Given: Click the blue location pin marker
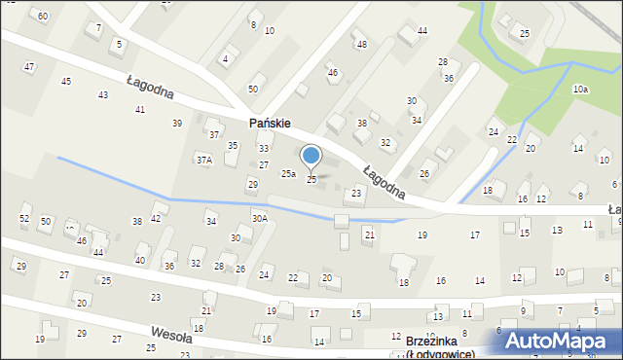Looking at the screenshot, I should point(311,157).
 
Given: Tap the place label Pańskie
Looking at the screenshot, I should point(271,124).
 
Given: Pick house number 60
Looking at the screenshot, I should point(42,17).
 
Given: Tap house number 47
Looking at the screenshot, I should point(29,67).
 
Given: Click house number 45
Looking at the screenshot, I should point(66,81).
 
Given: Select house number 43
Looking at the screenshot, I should point(103,94).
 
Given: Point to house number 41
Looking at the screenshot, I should point(140,109).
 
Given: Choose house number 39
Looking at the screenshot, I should point(177,123).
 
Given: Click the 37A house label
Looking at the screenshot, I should point(203,159).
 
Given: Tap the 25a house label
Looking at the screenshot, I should point(288,174).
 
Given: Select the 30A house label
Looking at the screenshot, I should point(259,218).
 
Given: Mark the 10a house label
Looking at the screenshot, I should point(580,90).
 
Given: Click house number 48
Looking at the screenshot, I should point(362,44).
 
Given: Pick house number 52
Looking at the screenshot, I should point(24,219).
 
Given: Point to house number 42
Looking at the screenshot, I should point(156,218).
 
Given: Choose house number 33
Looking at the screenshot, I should point(263,148).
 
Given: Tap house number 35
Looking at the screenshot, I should point(233,145).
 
